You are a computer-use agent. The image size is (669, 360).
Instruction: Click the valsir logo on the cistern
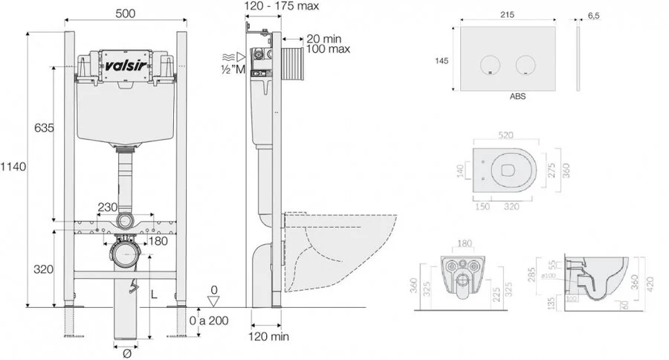click(125, 64)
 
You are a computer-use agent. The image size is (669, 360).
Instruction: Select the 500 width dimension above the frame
click(125, 13)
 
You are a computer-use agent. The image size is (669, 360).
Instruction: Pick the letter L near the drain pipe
click(154, 295)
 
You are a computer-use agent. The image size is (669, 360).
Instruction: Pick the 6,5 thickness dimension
click(593, 13)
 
